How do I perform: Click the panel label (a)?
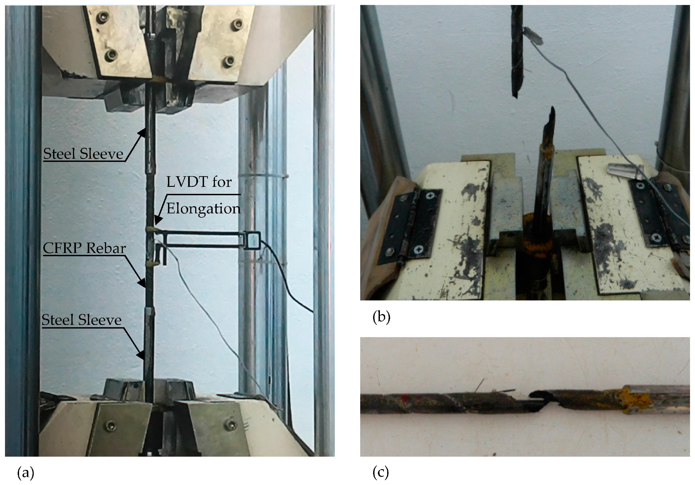(26, 473)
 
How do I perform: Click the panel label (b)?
(381, 317)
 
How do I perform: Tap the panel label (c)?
(381, 473)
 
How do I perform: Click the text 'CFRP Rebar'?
(84, 248)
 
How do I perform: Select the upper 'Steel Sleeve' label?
(83, 154)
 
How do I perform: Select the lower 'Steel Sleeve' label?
(81, 320)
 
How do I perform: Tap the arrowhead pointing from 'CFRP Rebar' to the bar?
(142, 283)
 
